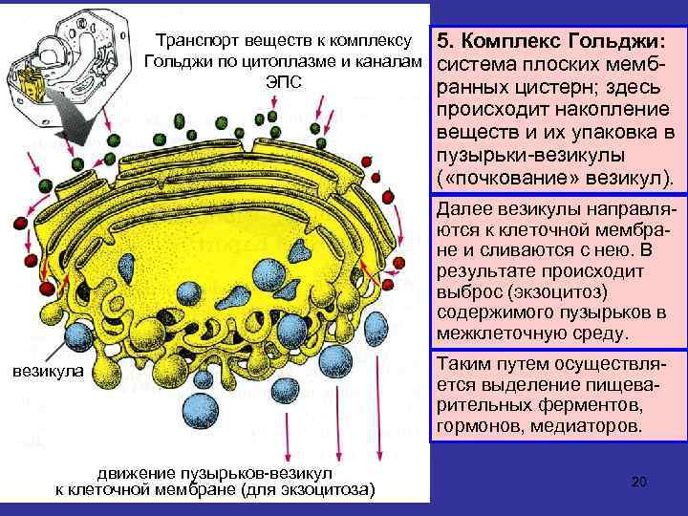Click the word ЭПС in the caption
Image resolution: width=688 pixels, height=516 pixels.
click(x=282, y=83)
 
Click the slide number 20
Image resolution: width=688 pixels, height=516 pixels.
click(x=639, y=483)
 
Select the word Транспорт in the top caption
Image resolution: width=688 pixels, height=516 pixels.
click(x=195, y=41)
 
